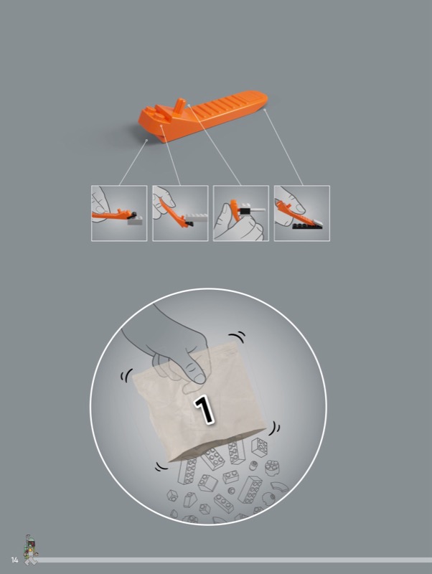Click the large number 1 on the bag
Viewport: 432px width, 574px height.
205,409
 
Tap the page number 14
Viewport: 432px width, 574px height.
14,560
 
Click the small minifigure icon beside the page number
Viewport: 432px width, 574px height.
31,550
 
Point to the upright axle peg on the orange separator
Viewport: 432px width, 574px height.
179,105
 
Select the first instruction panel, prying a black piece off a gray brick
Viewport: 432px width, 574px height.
119,213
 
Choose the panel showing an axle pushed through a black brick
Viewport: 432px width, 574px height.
241,213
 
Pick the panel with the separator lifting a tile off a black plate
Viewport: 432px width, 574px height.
302,213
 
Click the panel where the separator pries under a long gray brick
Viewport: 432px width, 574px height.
180,213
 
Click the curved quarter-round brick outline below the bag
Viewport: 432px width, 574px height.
280,487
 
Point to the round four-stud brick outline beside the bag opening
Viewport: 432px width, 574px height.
272,467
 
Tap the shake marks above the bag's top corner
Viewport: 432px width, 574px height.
237,336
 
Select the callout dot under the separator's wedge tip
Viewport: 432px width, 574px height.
147,140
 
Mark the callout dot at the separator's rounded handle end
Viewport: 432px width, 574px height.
264,109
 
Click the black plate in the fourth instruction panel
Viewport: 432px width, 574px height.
307,226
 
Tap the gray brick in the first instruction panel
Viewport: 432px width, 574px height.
135,220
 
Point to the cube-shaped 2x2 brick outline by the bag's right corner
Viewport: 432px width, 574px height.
260,447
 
